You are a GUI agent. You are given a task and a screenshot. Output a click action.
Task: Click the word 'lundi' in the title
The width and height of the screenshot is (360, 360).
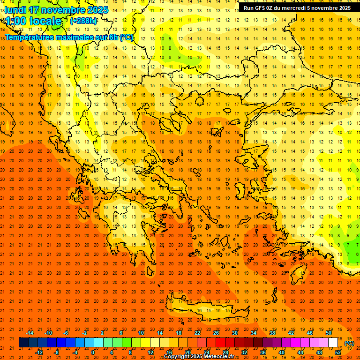point(15,10)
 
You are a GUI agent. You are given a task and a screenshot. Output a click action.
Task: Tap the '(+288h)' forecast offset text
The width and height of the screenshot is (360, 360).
point(83,21)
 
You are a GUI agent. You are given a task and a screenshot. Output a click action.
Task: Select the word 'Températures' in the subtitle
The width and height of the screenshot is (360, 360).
point(29,37)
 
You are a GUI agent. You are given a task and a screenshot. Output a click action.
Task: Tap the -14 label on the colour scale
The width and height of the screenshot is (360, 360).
point(30,333)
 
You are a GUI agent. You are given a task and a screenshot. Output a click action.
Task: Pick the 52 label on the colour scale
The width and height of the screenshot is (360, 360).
point(338,352)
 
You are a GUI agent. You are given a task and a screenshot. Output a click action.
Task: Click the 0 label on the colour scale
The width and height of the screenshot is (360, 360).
point(93,352)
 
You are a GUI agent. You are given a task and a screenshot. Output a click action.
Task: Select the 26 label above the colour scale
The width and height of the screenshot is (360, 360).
point(216,333)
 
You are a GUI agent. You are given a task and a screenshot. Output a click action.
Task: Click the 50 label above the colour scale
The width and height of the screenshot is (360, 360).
point(329,333)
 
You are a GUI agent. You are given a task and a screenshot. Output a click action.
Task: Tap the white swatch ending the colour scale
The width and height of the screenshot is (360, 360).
point(333,343)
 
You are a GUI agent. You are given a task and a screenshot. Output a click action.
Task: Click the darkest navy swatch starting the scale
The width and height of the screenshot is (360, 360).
point(23,343)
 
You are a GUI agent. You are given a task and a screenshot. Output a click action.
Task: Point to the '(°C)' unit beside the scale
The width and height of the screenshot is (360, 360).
point(349,343)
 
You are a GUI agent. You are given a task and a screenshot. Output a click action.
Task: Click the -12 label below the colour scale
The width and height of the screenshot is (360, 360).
point(39,352)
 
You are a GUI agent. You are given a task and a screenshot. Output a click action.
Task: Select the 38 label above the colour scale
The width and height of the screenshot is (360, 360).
point(272,333)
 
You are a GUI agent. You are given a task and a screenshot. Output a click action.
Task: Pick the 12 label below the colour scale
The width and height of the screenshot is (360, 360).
point(150,352)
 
